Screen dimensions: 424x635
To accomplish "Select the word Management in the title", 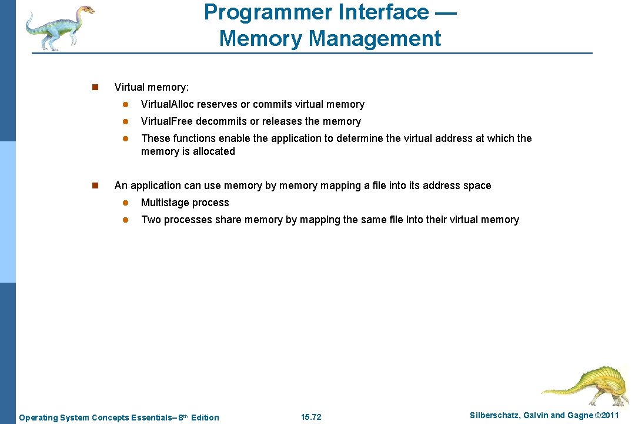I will [x=375, y=38].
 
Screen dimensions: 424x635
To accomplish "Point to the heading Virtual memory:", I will [x=152, y=87].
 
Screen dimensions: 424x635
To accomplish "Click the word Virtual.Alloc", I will [x=168, y=104].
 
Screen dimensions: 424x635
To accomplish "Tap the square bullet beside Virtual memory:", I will [x=94, y=88].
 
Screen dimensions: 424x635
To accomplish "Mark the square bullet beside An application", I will [x=94, y=186].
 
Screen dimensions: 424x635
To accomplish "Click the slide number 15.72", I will [x=311, y=418].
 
